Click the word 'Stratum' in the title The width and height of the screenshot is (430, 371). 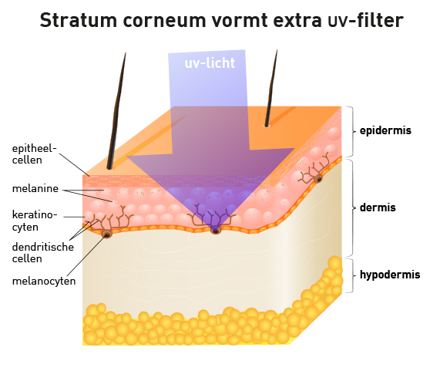tap(79, 21)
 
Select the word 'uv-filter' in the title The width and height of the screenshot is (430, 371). tap(366, 21)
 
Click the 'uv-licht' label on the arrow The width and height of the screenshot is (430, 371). tap(210, 63)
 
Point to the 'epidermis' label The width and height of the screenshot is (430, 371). tap(385, 131)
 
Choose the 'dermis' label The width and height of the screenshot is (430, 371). tap(378, 207)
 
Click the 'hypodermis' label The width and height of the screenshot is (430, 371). tap(390, 275)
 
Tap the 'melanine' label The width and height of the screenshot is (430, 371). tap(35, 188)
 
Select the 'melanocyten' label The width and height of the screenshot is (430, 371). tap(44, 281)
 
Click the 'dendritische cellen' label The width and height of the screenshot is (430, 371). tap(43, 252)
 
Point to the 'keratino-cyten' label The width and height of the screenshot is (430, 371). tap(35, 221)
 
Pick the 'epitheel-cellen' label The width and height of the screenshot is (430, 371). tap(35, 154)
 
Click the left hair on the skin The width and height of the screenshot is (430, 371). tap(117, 110)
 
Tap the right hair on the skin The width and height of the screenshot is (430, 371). tap(271, 88)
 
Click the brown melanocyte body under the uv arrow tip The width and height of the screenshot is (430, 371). tap(216, 230)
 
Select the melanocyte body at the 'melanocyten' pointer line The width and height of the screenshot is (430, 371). tap(106, 234)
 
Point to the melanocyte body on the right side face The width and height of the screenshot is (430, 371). tap(318, 179)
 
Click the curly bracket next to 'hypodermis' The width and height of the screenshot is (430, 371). tap(350, 275)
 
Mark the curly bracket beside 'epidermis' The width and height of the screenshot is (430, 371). tap(350, 131)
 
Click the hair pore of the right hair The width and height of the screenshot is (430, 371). tap(267, 126)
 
